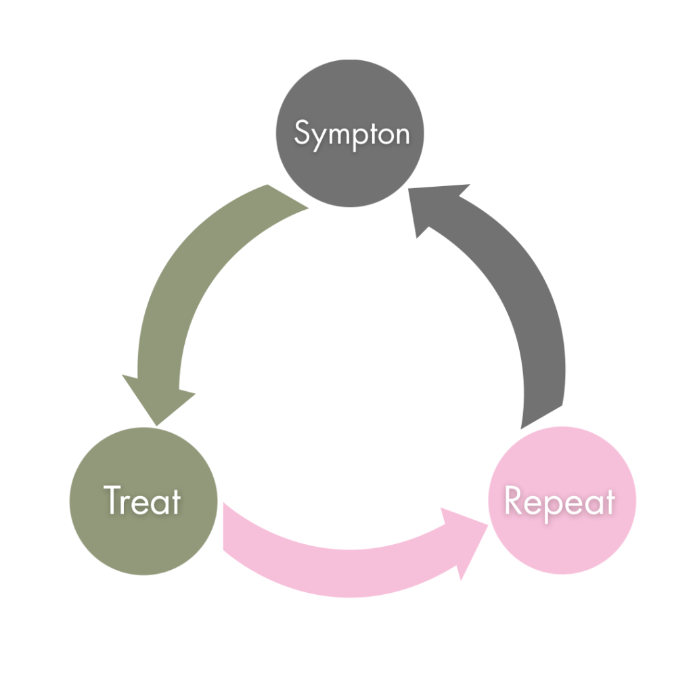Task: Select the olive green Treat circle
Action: tap(143, 535)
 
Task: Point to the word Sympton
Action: tap(352, 133)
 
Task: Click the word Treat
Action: tap(143, 501)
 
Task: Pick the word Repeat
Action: tap(560, 503)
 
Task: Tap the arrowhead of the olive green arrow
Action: tap(158, 399)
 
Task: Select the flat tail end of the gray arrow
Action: tap(541, 417)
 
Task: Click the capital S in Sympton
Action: tap(302, 133)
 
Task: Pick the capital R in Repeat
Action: tap(514, 501)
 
